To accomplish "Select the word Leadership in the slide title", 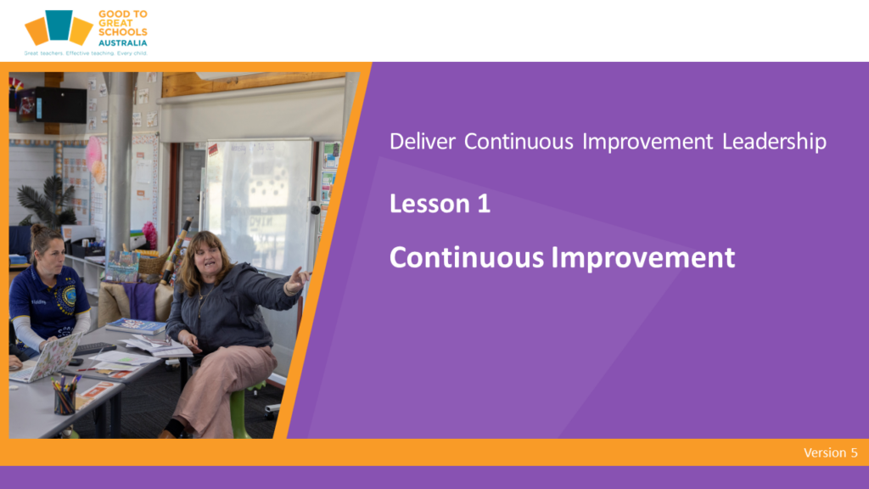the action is pyautogui.click(x=774, y=142).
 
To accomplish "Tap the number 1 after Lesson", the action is pyautogui.click(x=483, y=204).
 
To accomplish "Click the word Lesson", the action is pyautogui.click(x=429, y=204).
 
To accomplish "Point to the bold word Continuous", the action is pyautogui.click(x=467, y=257).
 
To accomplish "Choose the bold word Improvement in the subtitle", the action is pyautogui.click(x=643, y=258).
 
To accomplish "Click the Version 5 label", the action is pyautogui.click(x=830, y=452).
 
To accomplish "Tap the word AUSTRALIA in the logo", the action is pyautogui.click(x=122, y=42).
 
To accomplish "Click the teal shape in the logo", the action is pyautogui.click(x=59, y=25).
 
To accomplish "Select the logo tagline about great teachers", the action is pyautogui.click(x=86, y=53).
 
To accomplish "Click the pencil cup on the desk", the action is pyautogui.click(x=64, y=398).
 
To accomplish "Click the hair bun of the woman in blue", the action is pyautogui.click(x=37, y=229).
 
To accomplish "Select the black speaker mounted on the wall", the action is pyautogui.click(x=52, y=104).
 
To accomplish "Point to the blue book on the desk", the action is pyautogui.click(x=136, y=326).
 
